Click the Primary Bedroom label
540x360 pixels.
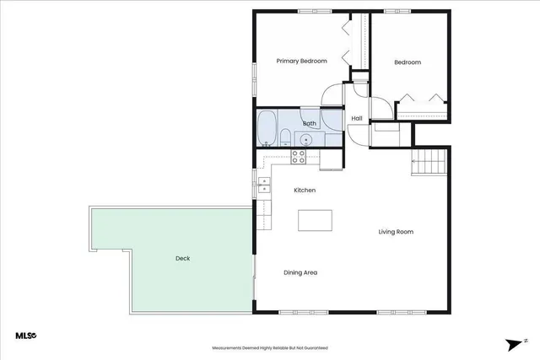[x=301, y=61]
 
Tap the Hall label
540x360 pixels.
[x=356, y=118]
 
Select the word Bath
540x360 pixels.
[x=309, y=124]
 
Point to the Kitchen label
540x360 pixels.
[x=305, y=191]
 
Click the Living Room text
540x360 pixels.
[x=396, y=232]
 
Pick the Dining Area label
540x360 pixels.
[x=300, y=272]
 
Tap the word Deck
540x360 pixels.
[x=182, y=259]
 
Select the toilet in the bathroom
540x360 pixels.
[x=286, y=137]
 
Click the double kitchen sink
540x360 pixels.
[x=264, y=186]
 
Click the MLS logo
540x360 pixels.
[x=26, y=336]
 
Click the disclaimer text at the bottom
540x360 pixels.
[x=269, y=347]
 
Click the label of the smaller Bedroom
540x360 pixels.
[x=408, y=62]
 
